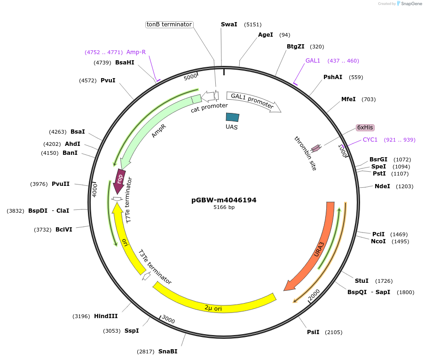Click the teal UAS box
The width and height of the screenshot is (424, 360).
click(x=232, y=117)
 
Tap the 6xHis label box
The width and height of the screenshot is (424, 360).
click(x=365, y=128)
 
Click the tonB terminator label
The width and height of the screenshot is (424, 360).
click(x=169, y=24)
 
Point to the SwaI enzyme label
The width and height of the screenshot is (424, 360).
click(x=229, y=24)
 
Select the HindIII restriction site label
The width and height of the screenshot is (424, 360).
click(x=106, y=316)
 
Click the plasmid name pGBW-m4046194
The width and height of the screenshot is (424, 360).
click(x=224, y=200)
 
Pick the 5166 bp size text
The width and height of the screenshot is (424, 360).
click(x=224, y=207)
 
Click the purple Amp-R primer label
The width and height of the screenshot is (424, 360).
click(x=136, y=52)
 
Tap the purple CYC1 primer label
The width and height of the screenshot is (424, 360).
click(x=370, y=140)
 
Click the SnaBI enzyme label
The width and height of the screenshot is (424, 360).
click(x=168, y=352)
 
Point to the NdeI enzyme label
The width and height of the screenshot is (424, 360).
click(x=382, y=186)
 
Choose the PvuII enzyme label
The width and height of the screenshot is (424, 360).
click(x=61, y=184)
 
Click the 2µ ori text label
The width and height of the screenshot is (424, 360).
click(x=213, y=308)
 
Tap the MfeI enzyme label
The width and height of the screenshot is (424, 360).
click(x=348, y=99)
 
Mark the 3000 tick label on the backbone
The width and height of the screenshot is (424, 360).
click(x=168, y=320)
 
